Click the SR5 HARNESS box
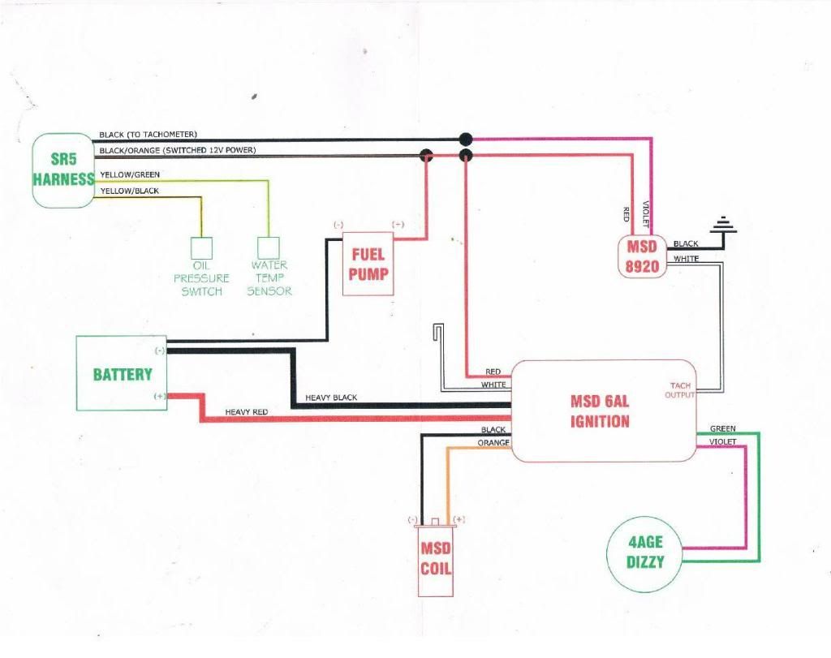[63, 170]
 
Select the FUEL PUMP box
[368, 264]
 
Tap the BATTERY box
[122, 373]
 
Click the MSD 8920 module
[642, 256]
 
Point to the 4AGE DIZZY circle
[644, 552]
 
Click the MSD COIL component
[435, 558]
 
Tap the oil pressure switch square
[201, 248]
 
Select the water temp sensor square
[269, 247]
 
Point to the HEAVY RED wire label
[247, 411]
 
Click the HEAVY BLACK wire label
[331, 398]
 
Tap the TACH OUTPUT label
[680, 390]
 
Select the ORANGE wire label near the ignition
[493, 442]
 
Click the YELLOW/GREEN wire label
[130, 174]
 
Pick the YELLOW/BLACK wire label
[130, 191]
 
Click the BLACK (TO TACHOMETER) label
[148, 135]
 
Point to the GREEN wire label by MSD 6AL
[723, 428]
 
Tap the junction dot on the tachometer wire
[465, 140]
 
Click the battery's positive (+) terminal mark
[159, 396]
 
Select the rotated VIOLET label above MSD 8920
[645, 214]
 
